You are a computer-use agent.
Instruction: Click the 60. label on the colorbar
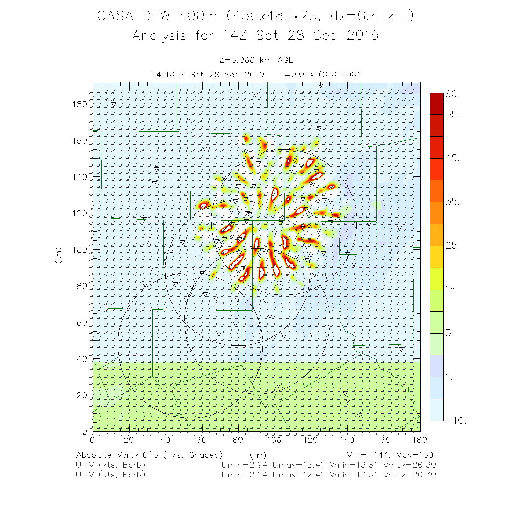[x=452, y=94]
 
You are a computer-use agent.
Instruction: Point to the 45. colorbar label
[x=452, y=158]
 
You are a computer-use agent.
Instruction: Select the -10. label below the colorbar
[x=456, y=420]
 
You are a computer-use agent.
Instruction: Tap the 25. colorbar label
[x=452, y=245]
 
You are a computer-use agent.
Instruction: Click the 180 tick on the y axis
[x=79, y=105]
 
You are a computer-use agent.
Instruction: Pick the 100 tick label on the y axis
[x=79, y=250]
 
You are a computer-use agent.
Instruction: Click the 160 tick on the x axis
[x=383, y=440]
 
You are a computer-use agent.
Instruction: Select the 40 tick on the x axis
[x=165, y=440]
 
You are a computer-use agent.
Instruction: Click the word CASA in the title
[x=115, y=16]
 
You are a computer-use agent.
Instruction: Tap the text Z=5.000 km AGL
[x=256, y=60]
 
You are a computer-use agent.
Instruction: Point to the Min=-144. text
[x=368, y=455]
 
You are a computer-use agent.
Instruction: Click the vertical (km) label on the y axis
[x=59, y=255]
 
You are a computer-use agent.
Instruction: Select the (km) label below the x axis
[x=258, y=455]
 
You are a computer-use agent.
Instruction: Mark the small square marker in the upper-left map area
[x=150, y=161]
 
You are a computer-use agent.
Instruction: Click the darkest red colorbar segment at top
[x=437, y=103]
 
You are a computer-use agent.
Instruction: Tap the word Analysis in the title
[x=159, y=36]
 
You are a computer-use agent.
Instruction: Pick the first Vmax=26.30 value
[x=409, y=465]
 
